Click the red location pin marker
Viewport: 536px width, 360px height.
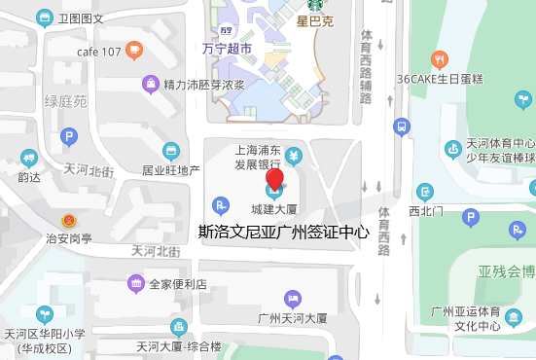pyautogui.click(x=274, y=179)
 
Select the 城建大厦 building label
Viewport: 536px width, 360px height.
pyautogui.click(x=273, y=208)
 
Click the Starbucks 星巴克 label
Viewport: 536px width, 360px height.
pyautogui.click(x=314, y=21)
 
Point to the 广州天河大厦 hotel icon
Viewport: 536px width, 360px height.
pyautogui.click(x=290, y=298)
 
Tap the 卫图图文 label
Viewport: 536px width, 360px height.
pyautogui.click(x=81, y=18)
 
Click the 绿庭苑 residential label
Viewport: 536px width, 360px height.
pyautogui.click(x=66, y=101)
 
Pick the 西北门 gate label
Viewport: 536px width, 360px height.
pyautogui.click(x=426, y=209)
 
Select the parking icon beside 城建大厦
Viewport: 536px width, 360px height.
pyautogui.click(x=222, y=205)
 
